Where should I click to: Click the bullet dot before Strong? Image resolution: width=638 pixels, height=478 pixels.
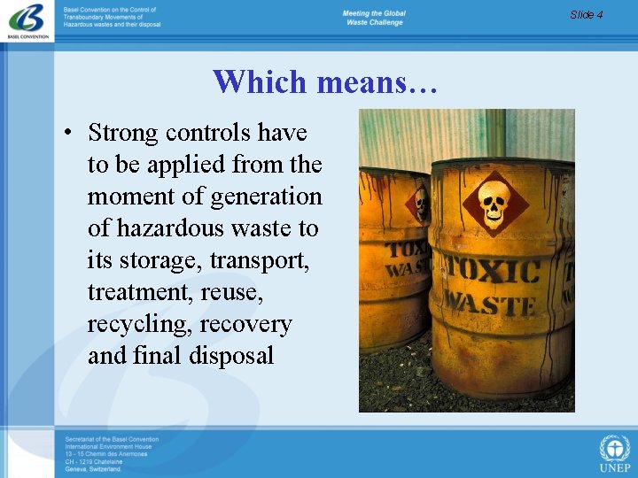pyautogui.click(x=67, y=134)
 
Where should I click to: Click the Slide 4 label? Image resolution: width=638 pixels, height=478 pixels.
pyautogui.click(x=586, y=14)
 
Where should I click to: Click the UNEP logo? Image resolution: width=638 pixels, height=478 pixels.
pyautogui.click(x=614, y=453)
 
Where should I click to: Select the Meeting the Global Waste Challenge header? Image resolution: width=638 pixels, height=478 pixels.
pyautogui.click(x=373, y=18)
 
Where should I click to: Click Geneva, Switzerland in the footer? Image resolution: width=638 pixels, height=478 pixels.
pyautogui.click(x=93, y=469)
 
